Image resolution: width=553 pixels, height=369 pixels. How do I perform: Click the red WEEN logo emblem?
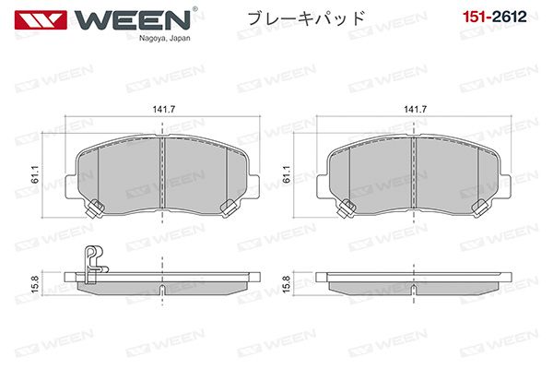(x=41, y=19)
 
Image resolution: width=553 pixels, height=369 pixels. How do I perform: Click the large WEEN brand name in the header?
(x=132, y=19)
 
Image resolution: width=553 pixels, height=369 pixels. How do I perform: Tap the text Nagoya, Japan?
(x=164, y=38)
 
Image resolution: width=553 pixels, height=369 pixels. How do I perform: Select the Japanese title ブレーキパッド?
(x=306, y=18)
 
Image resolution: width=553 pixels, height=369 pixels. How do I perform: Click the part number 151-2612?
(x=494, y=17)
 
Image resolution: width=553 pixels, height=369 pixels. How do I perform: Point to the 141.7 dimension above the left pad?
(x=164, y=110)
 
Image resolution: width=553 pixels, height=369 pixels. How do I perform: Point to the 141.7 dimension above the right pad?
(x=415, y=110)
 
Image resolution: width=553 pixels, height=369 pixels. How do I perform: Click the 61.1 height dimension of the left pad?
(x=35, y=174)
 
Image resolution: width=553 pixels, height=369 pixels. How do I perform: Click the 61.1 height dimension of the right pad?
(x=287, y=174)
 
